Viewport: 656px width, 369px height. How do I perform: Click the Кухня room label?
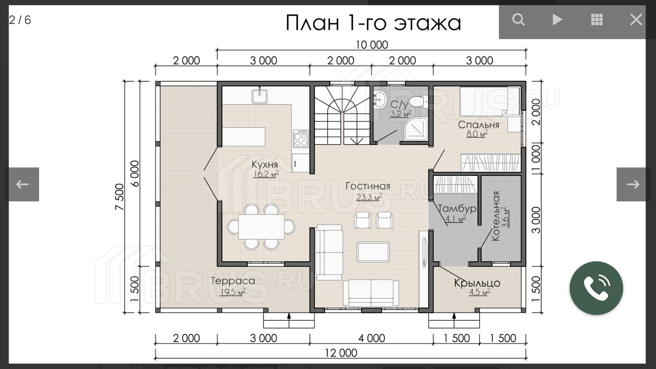tap(265, 164)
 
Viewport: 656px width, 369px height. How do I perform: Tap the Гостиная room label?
tap(368, 186)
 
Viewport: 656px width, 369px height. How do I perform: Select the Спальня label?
tap(478, 125)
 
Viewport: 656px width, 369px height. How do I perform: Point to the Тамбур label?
tap(457, 208)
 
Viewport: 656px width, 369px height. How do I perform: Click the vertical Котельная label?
tap(496, 216)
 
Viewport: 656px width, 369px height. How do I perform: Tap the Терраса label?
tap(233, 281)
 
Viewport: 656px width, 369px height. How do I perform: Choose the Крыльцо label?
tap(477, 283)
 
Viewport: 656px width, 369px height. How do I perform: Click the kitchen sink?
tap(260, 96)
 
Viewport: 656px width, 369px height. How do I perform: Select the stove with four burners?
tap(301, 138)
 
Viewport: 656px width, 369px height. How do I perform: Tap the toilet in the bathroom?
tap(419, 101)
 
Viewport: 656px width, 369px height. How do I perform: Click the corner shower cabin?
tap(416, 129)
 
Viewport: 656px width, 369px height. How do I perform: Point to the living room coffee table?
tap(373, 252)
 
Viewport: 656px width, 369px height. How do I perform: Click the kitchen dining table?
tap(261, 227)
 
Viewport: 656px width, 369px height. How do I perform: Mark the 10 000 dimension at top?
tap(372, 45)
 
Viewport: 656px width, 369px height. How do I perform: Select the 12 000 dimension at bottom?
tap(341, 353)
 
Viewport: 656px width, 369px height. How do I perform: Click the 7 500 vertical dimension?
tap(120, 197)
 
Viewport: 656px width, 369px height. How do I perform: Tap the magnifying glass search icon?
tap(518, 19)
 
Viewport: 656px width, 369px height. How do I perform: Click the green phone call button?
tap(596, 288)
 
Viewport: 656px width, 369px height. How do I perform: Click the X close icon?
tap(636, 19)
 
